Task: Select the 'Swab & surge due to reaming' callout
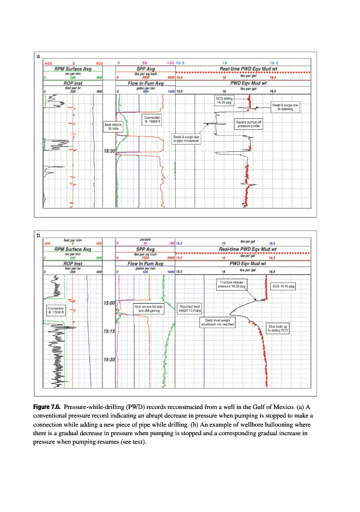[x=284, y=107]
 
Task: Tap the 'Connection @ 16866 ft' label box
[x=153, y=119]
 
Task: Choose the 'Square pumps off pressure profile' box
[x=249, y=123]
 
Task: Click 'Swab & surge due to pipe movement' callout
[x=187, y=138]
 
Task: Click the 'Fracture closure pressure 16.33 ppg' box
[x=232, y=284]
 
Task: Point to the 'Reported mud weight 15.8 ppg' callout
[x=191, y=308]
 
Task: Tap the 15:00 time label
[x=109, y=303]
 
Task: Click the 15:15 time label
[x=109, y=331]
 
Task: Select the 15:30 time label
[x=109, y=360]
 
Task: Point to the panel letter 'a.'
[x=39, y=57]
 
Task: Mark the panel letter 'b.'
[x=39, y=235]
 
